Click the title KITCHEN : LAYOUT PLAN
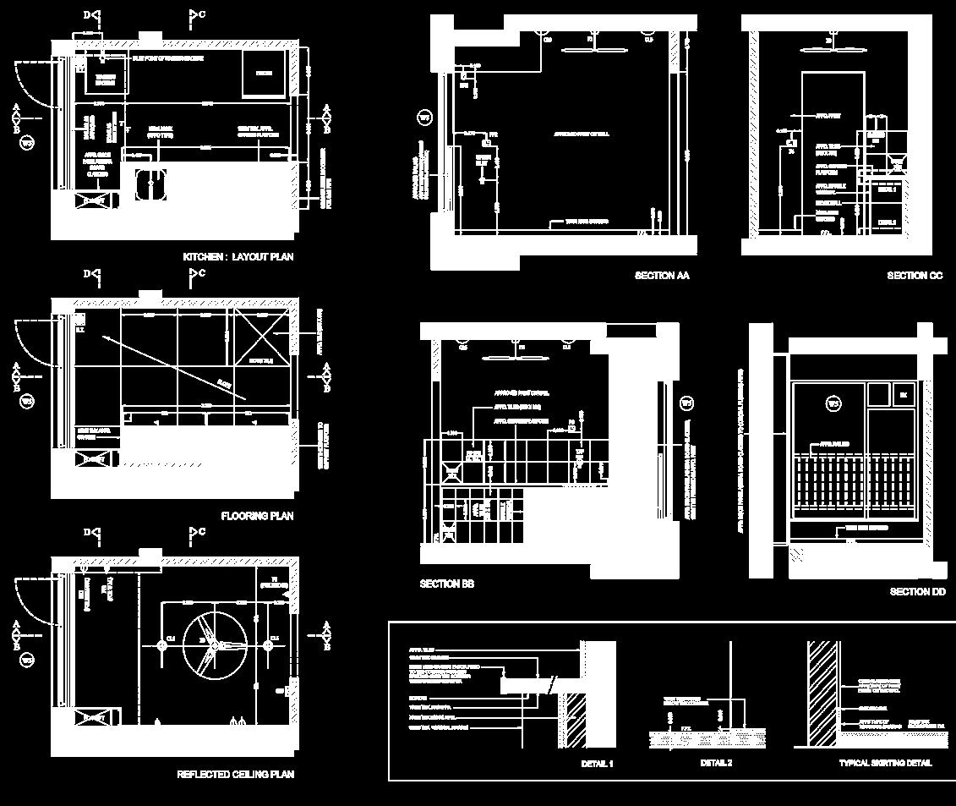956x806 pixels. coord(238,256)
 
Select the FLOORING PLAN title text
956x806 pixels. coord(257,516)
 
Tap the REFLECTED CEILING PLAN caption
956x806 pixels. coord(235,775)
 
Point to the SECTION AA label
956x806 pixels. coord(662,276)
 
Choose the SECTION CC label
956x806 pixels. coord(915,276)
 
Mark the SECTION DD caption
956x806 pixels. coord(917,592)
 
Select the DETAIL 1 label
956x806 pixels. coord(597,764)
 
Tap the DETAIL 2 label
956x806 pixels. coord(716,764)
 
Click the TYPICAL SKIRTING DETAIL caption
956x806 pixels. coord(885,764)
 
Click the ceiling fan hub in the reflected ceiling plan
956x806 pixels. coord(214,645)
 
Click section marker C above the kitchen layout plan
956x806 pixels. coord(197,15)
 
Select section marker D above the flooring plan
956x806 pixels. coord(93,274)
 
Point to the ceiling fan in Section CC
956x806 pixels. coord(829,39)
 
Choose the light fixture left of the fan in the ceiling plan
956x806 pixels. coord(161,645)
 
